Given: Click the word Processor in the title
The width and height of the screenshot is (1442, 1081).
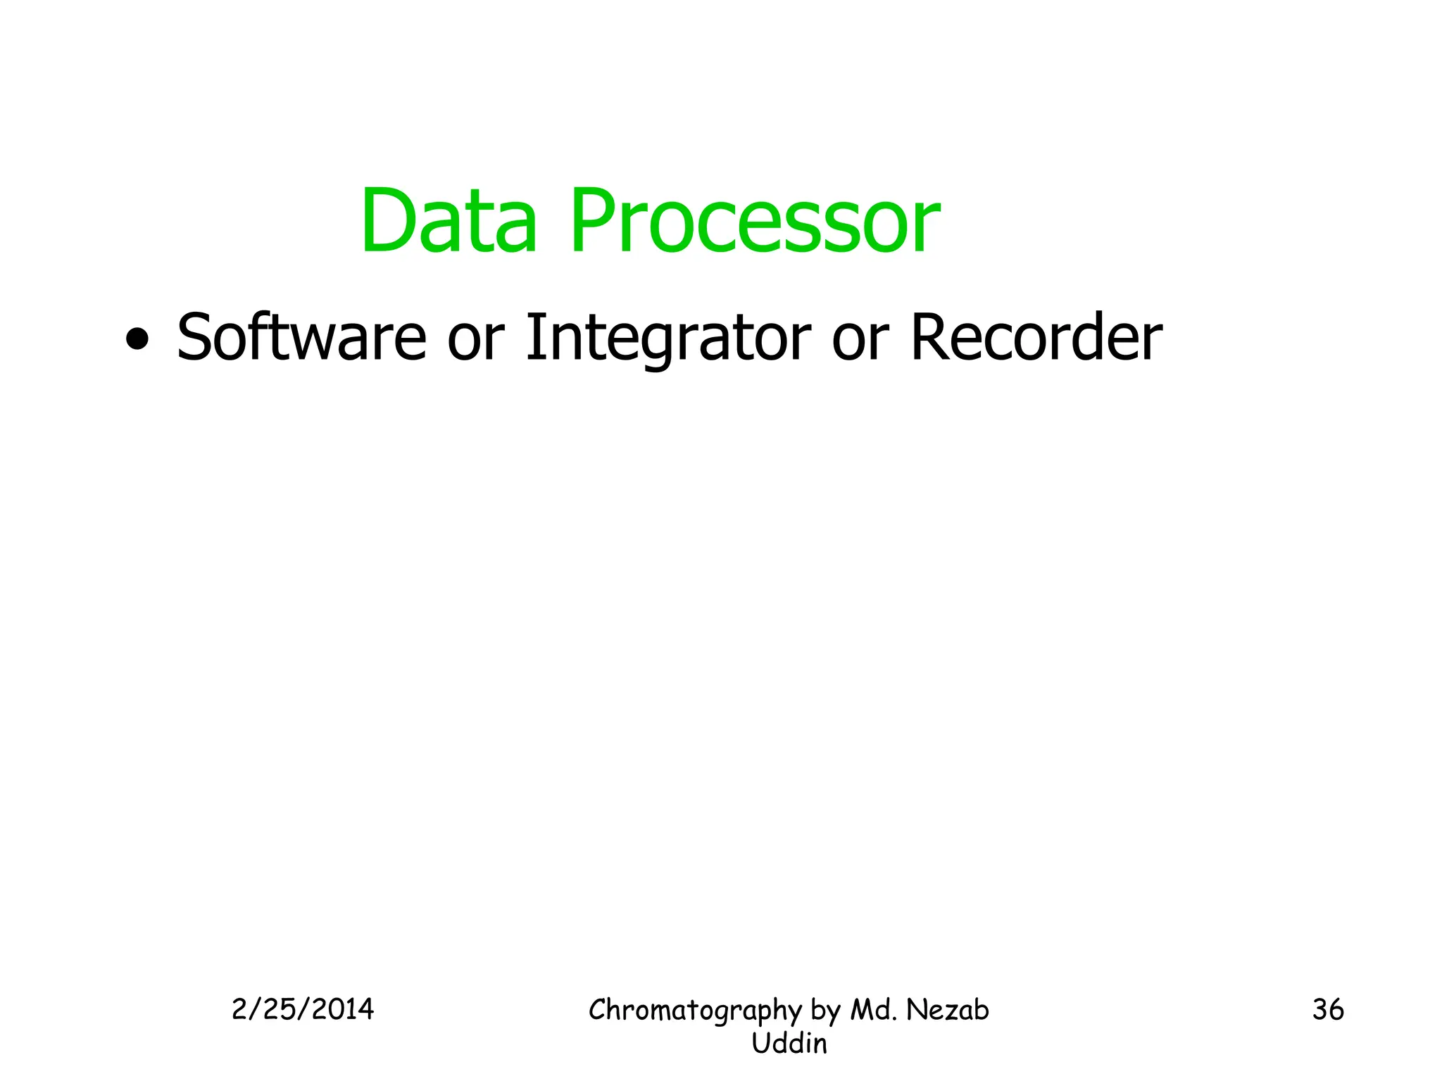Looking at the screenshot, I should [x=754, y=221].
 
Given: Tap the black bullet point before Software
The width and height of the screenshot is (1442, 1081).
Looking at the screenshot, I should [x=137, y=340].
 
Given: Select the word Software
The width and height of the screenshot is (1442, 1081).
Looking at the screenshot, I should [x=301, y=338].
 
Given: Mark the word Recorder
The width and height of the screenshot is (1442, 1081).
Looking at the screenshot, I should [x=1036, y=338].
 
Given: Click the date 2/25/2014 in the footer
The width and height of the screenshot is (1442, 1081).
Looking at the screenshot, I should [x=303, y=1010].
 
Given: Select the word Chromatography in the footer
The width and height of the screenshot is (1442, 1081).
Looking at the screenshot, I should [x=695, y=1011].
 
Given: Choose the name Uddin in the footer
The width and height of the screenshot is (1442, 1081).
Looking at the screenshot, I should [x=789, y=1044].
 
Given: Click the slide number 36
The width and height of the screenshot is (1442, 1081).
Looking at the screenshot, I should [x=1328, y=1010].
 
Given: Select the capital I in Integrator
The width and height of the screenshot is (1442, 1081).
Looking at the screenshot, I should [x=534, y=338].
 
